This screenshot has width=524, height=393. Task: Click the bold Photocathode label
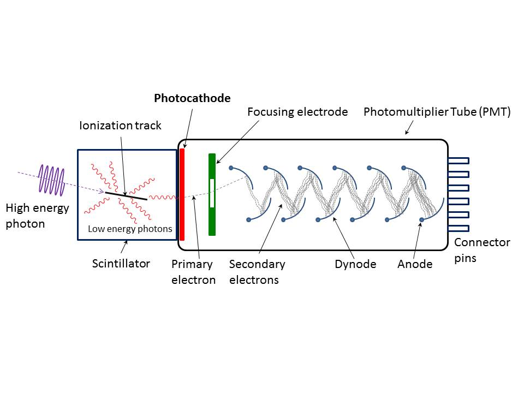pos(192,99)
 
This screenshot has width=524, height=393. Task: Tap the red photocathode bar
pos(182,194)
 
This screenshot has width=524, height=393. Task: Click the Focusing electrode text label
pos(297,112)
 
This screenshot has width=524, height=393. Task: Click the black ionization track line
pos(126,195)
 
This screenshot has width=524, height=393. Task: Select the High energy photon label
pos(38,216)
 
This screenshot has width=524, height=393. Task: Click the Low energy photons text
pos(130,229)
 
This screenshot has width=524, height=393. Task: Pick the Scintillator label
pos(121,264)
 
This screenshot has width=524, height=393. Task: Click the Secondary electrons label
pos(257,272)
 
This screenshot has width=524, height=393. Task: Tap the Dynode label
pos(355,264)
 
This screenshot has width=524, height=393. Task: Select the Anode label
pos(415,264)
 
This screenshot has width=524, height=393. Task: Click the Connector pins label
pos(482,250)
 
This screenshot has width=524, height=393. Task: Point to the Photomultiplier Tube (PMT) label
pos(437,112)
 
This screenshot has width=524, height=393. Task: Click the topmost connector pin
pos(458,160)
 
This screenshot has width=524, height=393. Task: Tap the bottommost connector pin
pos(458,228)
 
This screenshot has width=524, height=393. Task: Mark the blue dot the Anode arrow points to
pos(421,220)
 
